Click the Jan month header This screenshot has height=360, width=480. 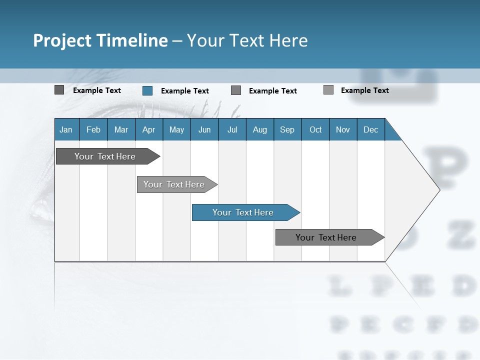[x=66, y=129]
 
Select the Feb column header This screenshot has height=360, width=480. [x=93, y=129]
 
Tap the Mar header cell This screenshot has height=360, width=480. [x=121, y=129]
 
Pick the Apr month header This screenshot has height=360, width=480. [x=149, y=129]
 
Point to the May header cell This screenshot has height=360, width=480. [x=176, y=129]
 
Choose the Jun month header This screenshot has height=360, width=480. [x=204, y=129]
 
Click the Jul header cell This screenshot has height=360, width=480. [x=232, y=129]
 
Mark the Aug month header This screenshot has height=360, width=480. [x=260, y=129]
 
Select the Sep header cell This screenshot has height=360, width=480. [x=287, y=129]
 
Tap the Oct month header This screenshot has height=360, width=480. [x=315, y=129]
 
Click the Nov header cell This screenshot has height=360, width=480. [x=343, y=129]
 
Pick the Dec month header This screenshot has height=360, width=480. [x=371, y=129]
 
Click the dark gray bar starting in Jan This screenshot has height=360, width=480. [x=105, y=156]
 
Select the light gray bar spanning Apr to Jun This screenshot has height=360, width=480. [x=174, y=184]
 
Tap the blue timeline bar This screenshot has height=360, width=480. [x=243, y=212]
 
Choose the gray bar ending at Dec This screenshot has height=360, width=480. [x=326, y=237]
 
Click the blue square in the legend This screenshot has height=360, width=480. [x=147, y=90]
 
